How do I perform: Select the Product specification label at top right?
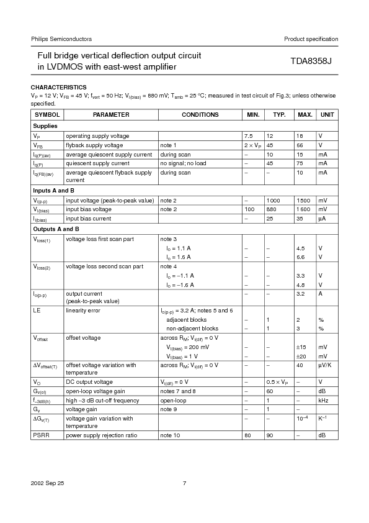tap(311, 39)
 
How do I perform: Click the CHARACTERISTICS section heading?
tap(59, 87)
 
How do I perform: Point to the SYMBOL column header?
tap(47, 115)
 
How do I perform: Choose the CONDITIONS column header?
tap(200, 115)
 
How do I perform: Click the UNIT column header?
tap(327, 115)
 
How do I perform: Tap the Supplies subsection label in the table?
tap(45, 125)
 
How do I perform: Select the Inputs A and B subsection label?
tap(53, 190)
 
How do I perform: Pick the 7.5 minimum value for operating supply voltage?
tap(249, 135)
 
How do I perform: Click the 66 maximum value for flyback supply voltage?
tap(300, 145)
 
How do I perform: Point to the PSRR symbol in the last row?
tap(40, 435)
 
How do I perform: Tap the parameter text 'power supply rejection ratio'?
tap(102, 435)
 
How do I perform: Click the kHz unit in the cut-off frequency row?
tap(323, 401)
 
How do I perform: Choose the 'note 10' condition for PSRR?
tap(171, 435)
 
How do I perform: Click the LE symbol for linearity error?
tap(37, 310)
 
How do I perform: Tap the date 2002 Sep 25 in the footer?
tap(47, 483)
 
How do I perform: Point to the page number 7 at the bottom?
tap(184, 483)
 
